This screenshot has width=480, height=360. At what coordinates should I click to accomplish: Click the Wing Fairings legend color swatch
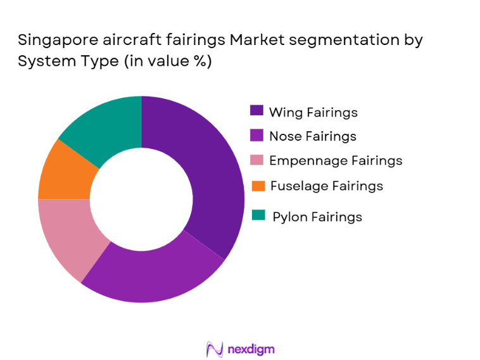click(256, 112)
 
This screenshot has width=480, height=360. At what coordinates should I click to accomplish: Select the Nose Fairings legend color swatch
click(256, 136)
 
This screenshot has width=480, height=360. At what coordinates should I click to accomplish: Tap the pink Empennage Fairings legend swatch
click(256, 160)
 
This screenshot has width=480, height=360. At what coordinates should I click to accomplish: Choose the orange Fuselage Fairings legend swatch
click(256, 186)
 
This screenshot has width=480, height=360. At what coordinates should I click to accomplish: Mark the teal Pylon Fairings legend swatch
click(256, 216)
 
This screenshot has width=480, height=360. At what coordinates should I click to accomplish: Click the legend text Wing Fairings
click(313, 112)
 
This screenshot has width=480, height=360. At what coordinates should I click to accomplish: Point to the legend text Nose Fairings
click(312, 136)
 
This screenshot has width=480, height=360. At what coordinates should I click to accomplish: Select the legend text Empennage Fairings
click(335, 160)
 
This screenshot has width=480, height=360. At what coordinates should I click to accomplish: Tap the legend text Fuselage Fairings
click(326, 186)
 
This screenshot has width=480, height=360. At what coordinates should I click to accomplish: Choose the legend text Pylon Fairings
click(317, 217)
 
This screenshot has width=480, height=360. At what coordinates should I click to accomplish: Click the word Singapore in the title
click(54, 41)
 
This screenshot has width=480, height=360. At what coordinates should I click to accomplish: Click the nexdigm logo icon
click(214, 349)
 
